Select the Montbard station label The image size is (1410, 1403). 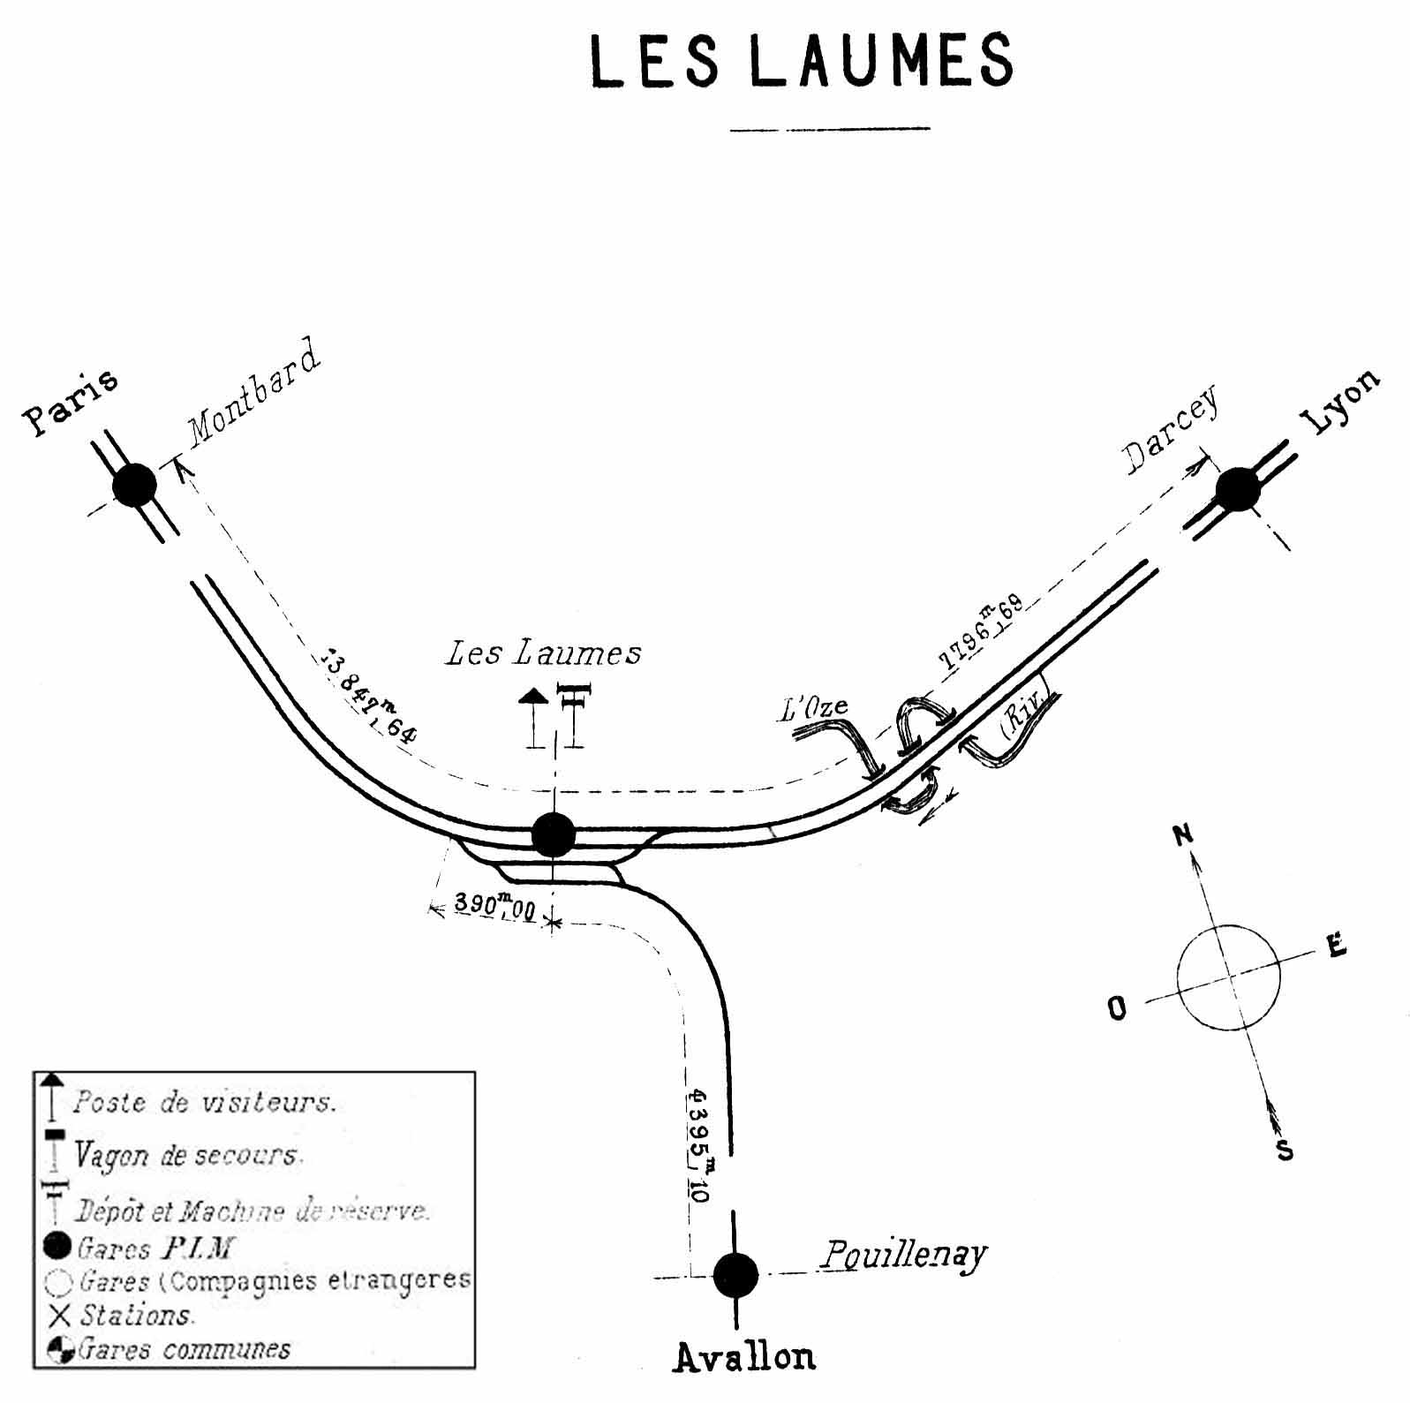tap(253, 389)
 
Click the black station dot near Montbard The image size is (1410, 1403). tap(135, 486)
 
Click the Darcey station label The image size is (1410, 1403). tap(1172, 430)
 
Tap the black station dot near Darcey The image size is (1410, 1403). tap(1238, 489)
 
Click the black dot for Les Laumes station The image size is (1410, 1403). tap(554, 834)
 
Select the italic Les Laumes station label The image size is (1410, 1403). tap(543, 653)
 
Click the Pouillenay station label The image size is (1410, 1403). tap(902, 1254)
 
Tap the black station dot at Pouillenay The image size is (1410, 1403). tap(735, 1275)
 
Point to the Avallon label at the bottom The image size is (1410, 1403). tap(744, 1356)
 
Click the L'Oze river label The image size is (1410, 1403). tap(812, 708)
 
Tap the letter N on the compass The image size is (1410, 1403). tap(1183, 834)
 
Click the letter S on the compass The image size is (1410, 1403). tap(1285, 1150)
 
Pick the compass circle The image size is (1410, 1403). tap(1228, 977)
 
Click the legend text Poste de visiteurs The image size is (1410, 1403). tap(204, 1103)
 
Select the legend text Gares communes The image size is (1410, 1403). tap(185, 1349)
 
